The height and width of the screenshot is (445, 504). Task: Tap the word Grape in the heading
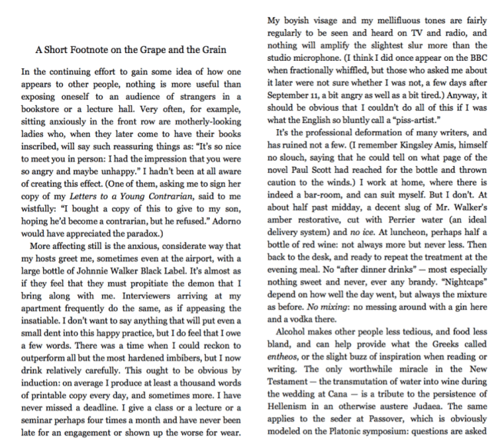point(167,51)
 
